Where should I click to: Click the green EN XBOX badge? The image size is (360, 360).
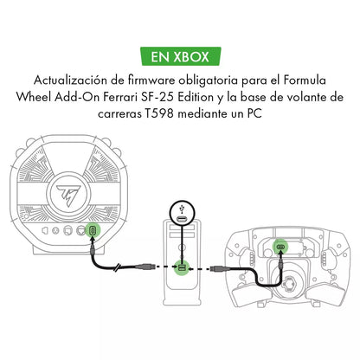click(x=181, y=56)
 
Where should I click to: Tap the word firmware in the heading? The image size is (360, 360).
click(x=151, y=80)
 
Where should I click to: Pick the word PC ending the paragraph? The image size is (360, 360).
click(x=254, y=113)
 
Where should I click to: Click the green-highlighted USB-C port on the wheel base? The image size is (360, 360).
click(x=93, y=230)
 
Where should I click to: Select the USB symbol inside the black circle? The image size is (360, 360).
click(x=182, y=208)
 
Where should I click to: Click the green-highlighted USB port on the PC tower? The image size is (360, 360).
click(x=182, y=268)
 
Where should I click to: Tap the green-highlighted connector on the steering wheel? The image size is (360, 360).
click(x=280, y=247)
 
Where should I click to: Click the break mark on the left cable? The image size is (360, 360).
click(x=117, y=267)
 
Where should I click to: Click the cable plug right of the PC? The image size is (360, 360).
click(x=220, y=269)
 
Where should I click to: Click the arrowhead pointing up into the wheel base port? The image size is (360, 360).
click(x=93, y=240)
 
